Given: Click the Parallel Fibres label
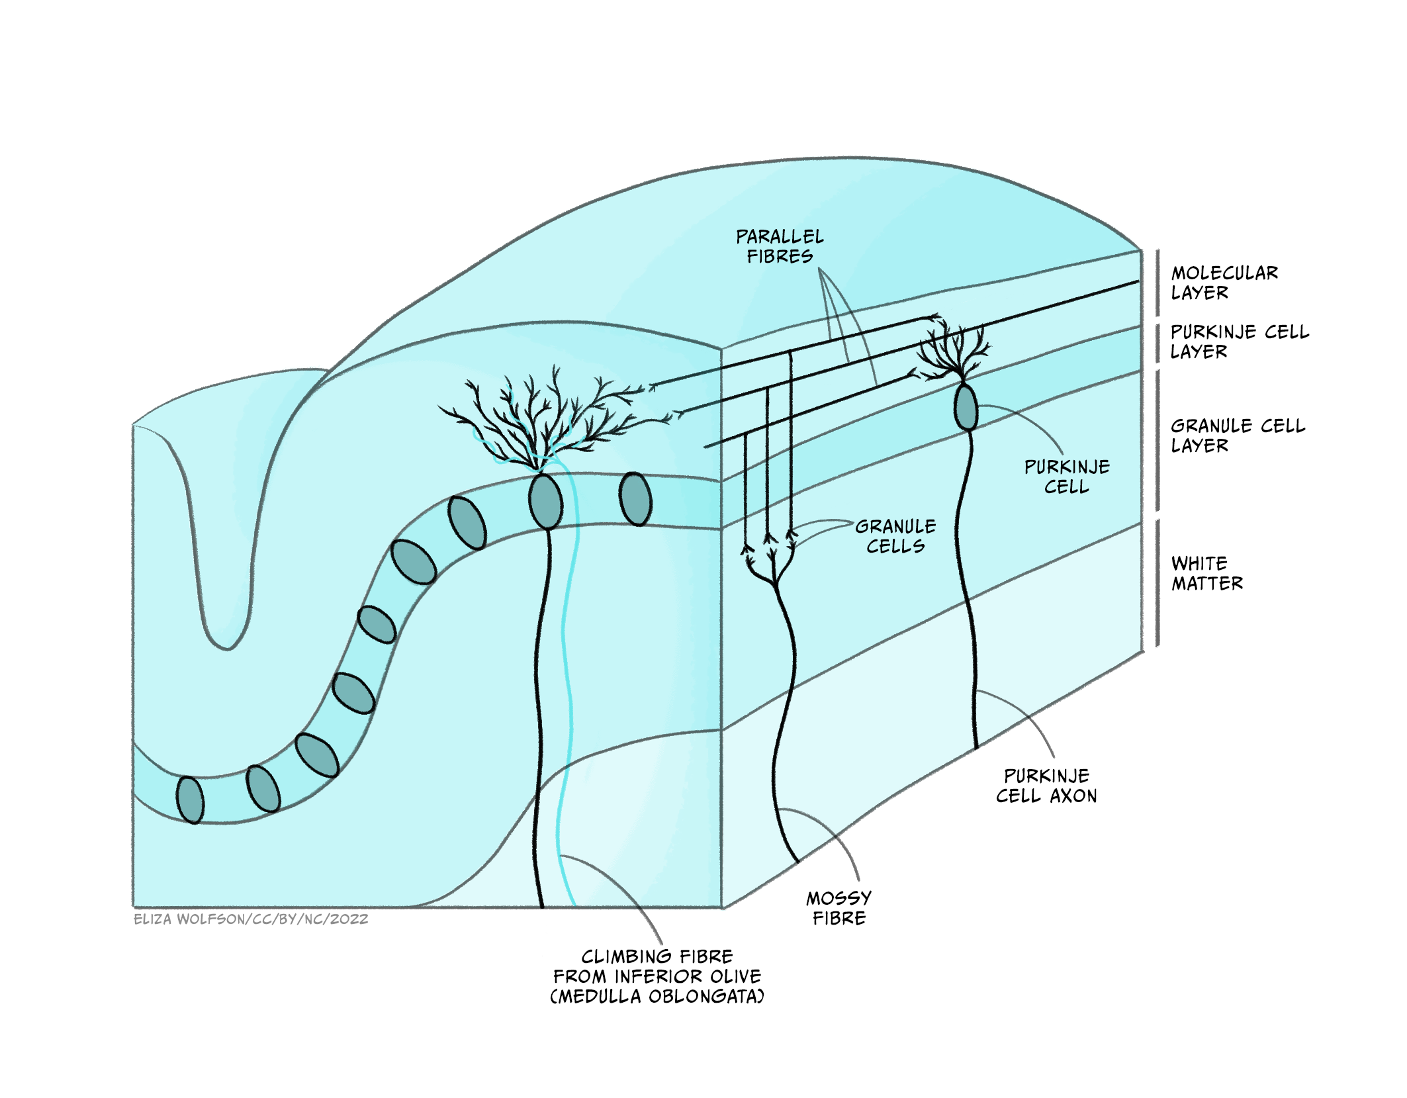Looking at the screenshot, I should pyautogui.click(x=780, y=246).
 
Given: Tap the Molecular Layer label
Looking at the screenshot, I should pyautogui.click(x=1224, y=283).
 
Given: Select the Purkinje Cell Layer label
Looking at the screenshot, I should pyautogui.click(x=1239, y=342).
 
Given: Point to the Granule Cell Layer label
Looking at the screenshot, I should pyautogui.click(x=1238, y=435).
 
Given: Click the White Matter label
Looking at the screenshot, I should pyautogui.click(x=1206, y=573).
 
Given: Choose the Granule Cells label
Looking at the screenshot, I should pyautogui.click(x=895, y=536).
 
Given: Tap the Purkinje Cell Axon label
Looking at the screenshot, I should pyautogui.click(x=1046, y=786).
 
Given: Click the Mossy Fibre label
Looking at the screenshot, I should pyautogui.click(x=839, y=908).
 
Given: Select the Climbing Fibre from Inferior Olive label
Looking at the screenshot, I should pyautogui.click(x=657, y=976).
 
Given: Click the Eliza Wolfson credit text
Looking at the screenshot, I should pyautogui.click(x=251, y=919).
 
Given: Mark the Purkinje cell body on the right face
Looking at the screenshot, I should pyautogui.click(x=966, y=408).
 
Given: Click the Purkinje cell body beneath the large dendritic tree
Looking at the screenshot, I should pyautogui.click(x=545, y=501).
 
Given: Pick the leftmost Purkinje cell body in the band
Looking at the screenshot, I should pyautogui.click(x=190, y=800).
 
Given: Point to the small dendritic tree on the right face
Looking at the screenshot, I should pyautogui.click(x=953, y=351).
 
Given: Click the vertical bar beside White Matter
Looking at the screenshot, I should pyautogui.click(x=1157, y=582).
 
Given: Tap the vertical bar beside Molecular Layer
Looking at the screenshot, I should pyautogui.click(x=1157, y=283).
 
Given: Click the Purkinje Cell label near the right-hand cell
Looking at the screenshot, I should pyautogui.click(x=1067, y=477).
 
